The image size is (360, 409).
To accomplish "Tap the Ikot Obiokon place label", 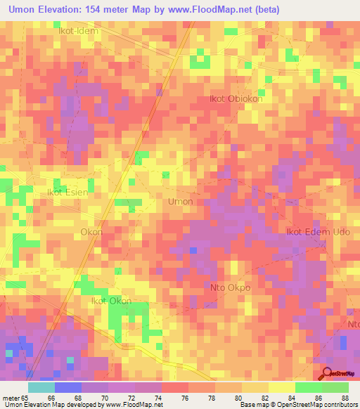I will pyautogui.click(x=236, y=99).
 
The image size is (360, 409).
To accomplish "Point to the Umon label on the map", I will pyautogui.click(x=181, y=202).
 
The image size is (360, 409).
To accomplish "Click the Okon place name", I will pyautogui.click(x=92, y=232).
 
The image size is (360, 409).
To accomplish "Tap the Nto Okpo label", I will pyautogui.click(x=231, y=288).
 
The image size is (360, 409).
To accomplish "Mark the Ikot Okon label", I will pyautogui.click(x=111, y=301).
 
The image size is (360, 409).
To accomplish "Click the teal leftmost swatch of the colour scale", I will pyautogui.click(x=41, y=387).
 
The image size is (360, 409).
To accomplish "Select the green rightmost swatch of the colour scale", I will pyautogui.click(x=335, y=387).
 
